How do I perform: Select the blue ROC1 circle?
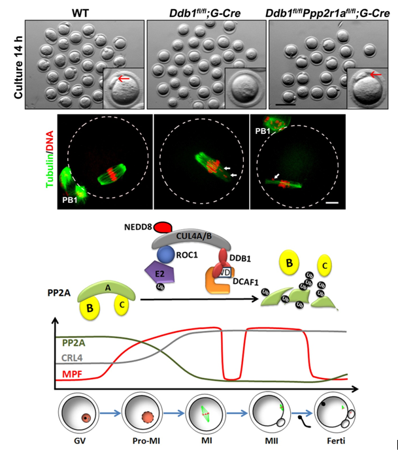165,253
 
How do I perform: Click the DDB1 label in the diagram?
235,257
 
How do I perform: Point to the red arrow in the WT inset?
122,79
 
